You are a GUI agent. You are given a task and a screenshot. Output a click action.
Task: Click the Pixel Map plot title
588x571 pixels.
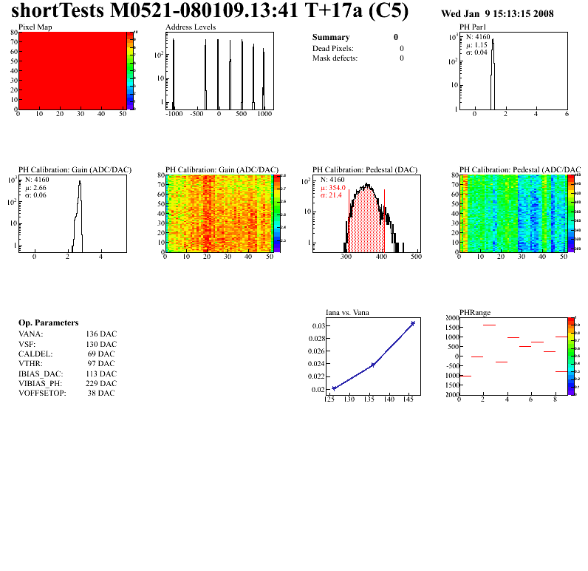pyautogui.click(x=35, y=27)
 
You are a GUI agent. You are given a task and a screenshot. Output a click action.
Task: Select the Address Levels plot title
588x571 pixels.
pyautogui.click(x=191, y=27)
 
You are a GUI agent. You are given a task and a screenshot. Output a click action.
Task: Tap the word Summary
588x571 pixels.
pyautogui.click(x=331, y=37)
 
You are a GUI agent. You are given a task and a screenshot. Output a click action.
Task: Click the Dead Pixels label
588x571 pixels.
pyautogui.click(x=333, y=48)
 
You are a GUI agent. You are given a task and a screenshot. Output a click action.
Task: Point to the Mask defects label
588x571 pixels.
pyautogui.click(x=335, y=58)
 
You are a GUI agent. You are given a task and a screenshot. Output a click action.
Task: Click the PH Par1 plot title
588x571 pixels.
pyautogui.click(x=475, y=27)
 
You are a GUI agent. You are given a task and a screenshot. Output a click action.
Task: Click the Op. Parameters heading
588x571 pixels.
pyautogui.click(x=48, y=323)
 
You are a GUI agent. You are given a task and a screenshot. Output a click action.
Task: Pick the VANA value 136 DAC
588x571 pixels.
pyautogui.click(x=101, y=334)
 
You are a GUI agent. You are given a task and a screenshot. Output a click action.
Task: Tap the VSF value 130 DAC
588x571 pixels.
pyautogui.click(x=101, y=344)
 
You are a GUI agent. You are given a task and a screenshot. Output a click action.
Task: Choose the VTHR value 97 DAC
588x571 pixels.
pyautogui.click(x=101, y=363)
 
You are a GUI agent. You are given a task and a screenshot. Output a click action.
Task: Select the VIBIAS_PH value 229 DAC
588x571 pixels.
pyautogui.click(x=101, y=383)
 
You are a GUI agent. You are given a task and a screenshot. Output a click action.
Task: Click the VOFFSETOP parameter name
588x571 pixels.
pyautogui.click(x=42, y=393)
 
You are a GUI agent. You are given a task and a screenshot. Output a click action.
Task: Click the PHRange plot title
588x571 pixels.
pyautogui.click(x=475, y=312)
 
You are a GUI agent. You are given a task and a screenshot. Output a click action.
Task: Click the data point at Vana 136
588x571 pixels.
pyautogui.click(x=373, y=365)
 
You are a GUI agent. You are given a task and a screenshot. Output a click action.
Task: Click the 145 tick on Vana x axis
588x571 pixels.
pyautogui.click(x=406, y=400)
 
